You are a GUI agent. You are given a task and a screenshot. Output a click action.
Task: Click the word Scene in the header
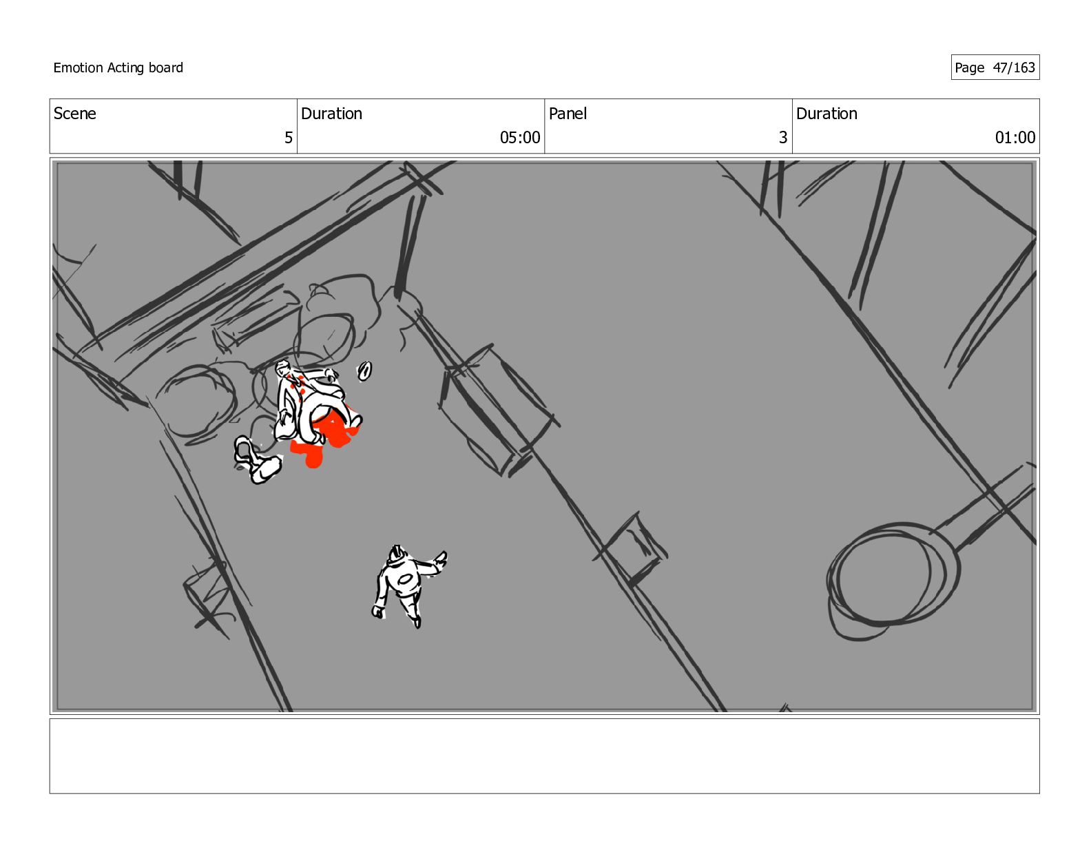tap(74, 114)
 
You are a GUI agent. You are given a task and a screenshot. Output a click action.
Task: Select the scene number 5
tap(289, 138)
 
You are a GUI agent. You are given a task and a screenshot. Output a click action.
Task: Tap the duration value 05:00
tap(519, 138)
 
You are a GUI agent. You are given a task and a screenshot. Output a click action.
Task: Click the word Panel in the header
tap(568, 114)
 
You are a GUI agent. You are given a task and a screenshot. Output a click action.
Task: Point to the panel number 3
tap(782, 138)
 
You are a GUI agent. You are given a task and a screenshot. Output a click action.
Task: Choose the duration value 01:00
tap(1015, 138)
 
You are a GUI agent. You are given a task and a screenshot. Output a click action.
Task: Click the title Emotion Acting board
tap(118, 67)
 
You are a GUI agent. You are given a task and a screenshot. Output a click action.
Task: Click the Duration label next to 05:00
tap(331, 114)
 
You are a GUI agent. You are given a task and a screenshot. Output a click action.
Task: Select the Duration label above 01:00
tap(827, 114)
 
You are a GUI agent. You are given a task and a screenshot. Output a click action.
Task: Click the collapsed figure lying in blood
tap(310, 406)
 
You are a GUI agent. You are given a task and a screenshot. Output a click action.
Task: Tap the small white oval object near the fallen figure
tap(364, 371)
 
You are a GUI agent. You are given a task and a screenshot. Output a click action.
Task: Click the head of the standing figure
tap(396, 552)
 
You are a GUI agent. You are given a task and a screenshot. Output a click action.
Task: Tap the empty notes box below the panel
tap(544, 756)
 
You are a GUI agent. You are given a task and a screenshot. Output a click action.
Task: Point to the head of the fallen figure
tap(284, 370)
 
